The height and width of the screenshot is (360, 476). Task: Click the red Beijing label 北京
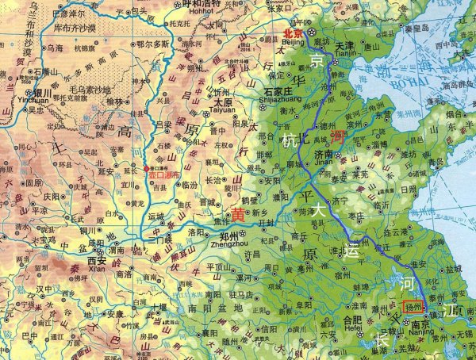(293, 33)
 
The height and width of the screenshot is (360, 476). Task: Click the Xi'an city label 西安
(97, 260)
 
